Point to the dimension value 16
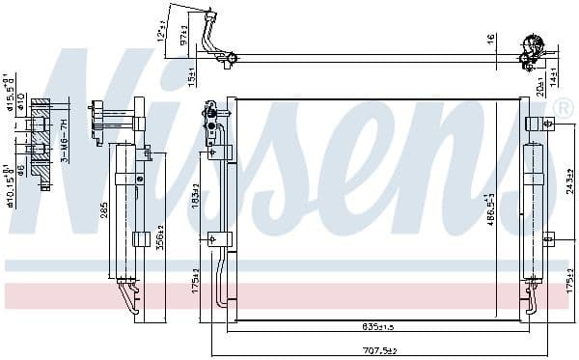pyautogui.click(x=489, y=40)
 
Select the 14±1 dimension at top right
pyautogui.click(x=554, y=72)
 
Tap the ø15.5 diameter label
pyautogui.click(x=9, y=90)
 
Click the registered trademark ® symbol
pyautogui.click(x=565, y=108)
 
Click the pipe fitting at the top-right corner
pyautogui.click(x=530, y=51)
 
